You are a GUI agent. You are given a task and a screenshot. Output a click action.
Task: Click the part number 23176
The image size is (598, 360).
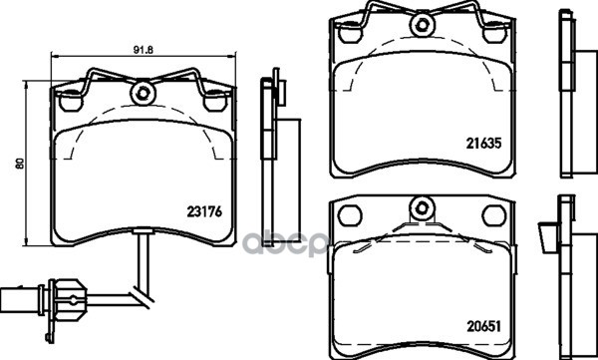tap(204, 211)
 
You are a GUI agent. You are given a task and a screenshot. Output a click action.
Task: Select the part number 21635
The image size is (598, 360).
tap(483, 144)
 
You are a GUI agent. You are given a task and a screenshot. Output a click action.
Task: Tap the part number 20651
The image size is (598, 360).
tap(483, 326)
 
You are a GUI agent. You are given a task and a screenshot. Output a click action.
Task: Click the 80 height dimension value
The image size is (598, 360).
tap(20, 164)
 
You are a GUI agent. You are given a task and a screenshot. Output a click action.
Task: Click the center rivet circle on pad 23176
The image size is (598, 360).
tap(143, 93)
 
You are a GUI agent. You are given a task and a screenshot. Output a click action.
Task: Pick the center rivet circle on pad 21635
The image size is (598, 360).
tap(423, 25)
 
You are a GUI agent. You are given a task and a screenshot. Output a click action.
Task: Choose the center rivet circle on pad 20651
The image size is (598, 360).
tap(422, 208)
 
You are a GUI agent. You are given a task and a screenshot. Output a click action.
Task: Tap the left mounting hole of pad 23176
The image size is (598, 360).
tap(71, 101)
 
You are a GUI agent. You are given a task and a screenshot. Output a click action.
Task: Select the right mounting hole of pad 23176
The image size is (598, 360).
tap(214, 101)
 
